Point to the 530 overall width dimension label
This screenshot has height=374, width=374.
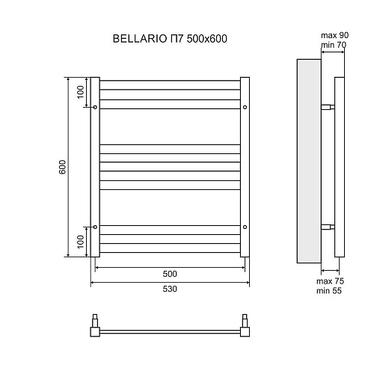[170, 290]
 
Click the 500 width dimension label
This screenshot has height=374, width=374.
[170, 273]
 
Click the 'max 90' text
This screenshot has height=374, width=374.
[334, 36]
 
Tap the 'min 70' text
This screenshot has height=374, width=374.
[334, 45]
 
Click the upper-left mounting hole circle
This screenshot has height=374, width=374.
[95, 108]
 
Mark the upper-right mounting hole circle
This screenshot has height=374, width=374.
[245, 108]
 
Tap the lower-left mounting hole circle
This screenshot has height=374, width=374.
[95, 227]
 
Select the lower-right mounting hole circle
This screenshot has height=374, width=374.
[245, 227]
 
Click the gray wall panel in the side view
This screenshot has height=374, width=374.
[309, 161]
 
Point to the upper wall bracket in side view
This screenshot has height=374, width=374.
[328, 108]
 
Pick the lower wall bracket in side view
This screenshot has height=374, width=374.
[328, 227]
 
